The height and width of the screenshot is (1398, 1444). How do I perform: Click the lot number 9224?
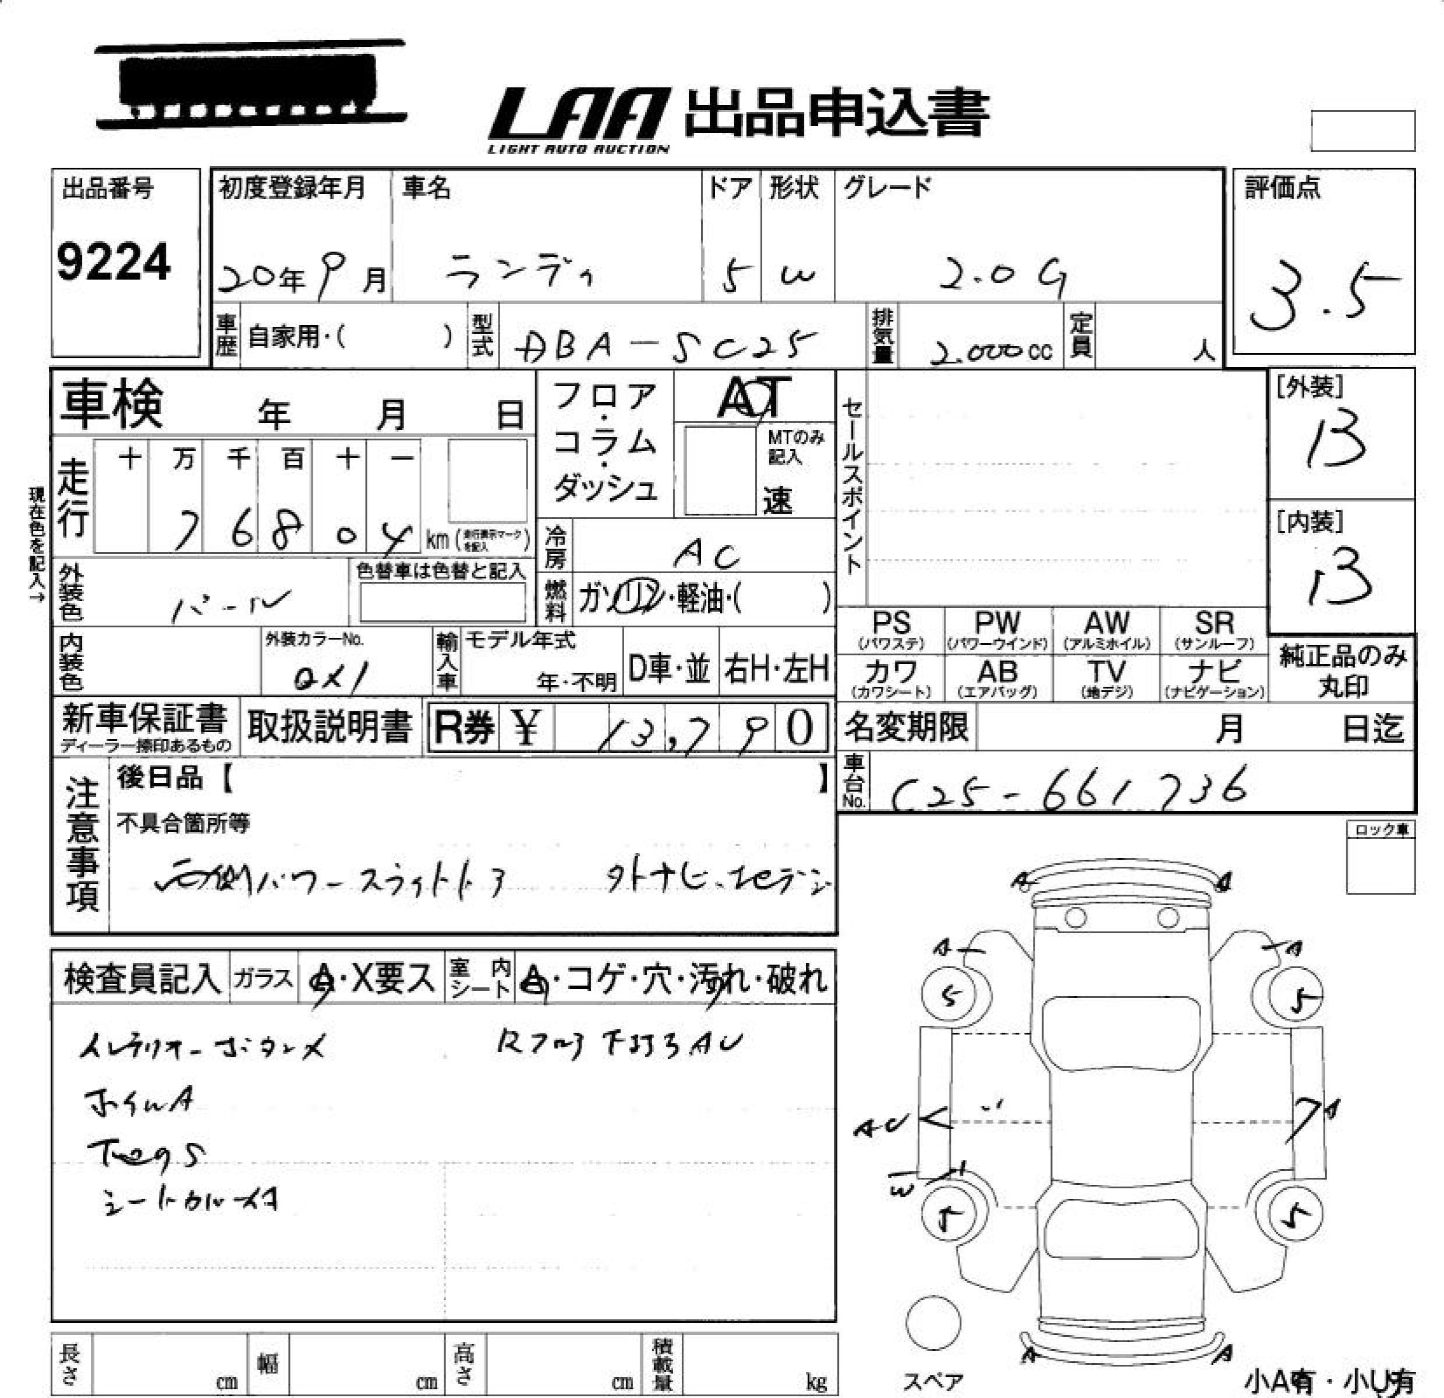(x=114, y=262)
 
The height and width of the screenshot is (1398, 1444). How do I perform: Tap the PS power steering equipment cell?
(x=891, y=630)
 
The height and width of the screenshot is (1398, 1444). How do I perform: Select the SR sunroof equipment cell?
(x=1213, y=630)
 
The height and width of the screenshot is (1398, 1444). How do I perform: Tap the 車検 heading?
(x=112, y=404)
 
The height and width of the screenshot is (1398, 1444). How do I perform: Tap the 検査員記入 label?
(x=141, y=979)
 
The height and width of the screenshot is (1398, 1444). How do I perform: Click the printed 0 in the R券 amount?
(x=800, y=728)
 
